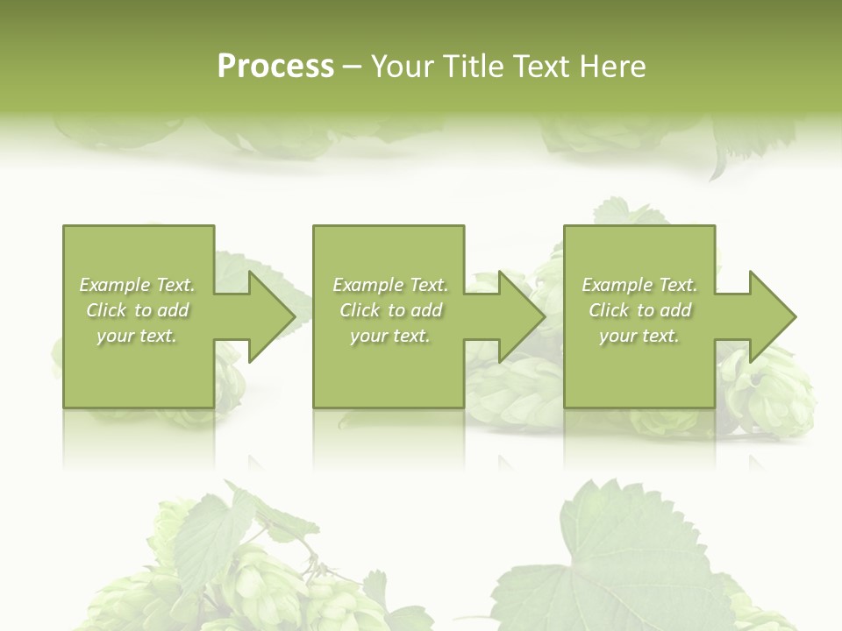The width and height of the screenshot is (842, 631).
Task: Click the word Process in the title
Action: pos(275,67)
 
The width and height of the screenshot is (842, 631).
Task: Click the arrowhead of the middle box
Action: pos(521,316)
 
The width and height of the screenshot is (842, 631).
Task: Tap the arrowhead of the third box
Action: pos(772,316)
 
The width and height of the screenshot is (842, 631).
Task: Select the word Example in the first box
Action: pos(115,285)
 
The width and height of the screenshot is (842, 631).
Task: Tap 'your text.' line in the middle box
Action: pos(389,336)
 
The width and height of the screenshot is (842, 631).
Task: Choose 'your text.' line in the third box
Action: pos(639,336)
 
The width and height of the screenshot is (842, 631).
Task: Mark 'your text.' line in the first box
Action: pos(137,336)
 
